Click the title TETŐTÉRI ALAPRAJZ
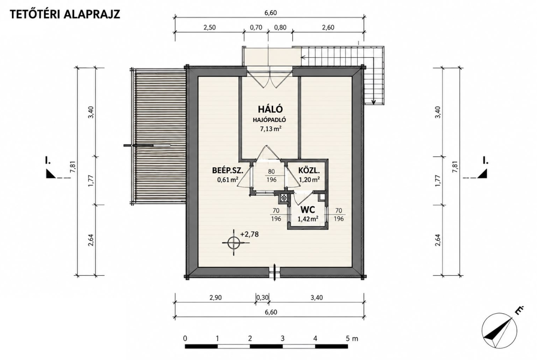tap(65, 14)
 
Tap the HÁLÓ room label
tap(270, 109)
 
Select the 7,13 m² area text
tap(270, 129)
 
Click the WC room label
tap(308, 210)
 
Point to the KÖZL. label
tap(309, 171)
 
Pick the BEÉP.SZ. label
tap(228, 171)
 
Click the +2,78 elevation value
tap(249, 234)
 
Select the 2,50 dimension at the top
tap(210, 28)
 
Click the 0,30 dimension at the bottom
tap(263, 297)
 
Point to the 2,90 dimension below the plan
tap(215, 297)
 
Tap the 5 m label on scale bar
tap(352, 338)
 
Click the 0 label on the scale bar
tap(185, 338)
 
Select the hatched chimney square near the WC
tap(284, 198)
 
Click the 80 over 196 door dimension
tap(271, 176)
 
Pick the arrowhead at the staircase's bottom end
tap(373, 101)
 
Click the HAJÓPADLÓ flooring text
tap(269, 120)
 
